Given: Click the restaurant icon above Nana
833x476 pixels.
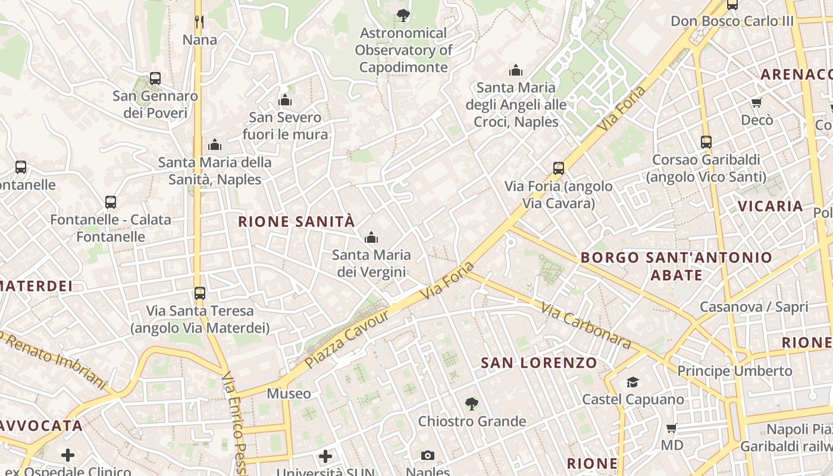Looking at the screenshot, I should pos(199,22).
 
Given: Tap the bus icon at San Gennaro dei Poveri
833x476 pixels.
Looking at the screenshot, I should pos(155,78).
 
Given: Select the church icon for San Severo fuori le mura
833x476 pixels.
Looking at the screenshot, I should pos(285,100).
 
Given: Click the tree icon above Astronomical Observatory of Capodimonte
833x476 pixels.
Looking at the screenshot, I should pos(403,15).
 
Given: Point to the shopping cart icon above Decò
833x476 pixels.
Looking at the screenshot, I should pos(757,103).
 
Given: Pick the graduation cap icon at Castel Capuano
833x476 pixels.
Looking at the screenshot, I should pos(632,382).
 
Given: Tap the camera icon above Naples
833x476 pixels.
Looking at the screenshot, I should pos(427,456).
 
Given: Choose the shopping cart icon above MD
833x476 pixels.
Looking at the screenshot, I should pos(672,428).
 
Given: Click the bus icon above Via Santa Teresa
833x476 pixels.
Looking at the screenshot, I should pos(200,293).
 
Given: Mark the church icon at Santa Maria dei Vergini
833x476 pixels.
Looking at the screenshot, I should pos(371,238).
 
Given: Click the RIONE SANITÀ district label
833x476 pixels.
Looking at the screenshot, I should pos(296,222).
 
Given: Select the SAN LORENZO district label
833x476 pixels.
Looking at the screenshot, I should pos(539,363).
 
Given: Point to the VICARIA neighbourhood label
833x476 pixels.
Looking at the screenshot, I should pos(771,206).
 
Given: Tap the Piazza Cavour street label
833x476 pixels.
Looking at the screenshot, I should pos(347,339).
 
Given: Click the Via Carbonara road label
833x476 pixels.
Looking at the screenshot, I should pos(585,325).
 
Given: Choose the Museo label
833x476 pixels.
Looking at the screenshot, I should pos(289,393).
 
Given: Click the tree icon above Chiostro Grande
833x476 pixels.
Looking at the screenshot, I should pos(472,405).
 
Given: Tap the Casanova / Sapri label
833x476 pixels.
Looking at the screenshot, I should pos(754,307).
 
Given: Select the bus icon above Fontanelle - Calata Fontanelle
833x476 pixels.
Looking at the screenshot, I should pos(111,202).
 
